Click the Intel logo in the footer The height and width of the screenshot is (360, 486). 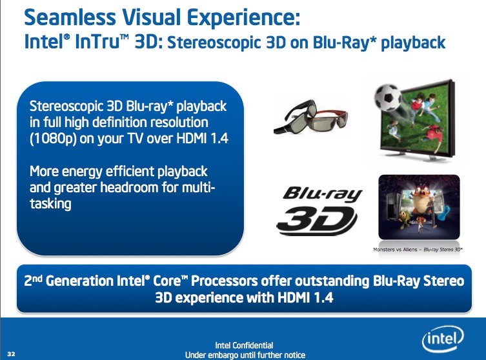443,339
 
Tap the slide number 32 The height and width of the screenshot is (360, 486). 11,354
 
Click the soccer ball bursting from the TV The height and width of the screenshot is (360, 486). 387,98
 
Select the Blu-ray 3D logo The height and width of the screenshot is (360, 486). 319,210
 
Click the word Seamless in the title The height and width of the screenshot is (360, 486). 70,17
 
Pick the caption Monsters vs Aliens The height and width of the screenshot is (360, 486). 395,250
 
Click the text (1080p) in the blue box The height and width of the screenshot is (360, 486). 53,139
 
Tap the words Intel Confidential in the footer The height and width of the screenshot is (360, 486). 244,345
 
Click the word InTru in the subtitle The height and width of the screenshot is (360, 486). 97,41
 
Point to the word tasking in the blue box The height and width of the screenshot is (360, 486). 50,204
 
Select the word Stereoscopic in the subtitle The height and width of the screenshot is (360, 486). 214,43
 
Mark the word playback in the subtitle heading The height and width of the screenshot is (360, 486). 413,43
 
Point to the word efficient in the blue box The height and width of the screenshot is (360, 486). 131,172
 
